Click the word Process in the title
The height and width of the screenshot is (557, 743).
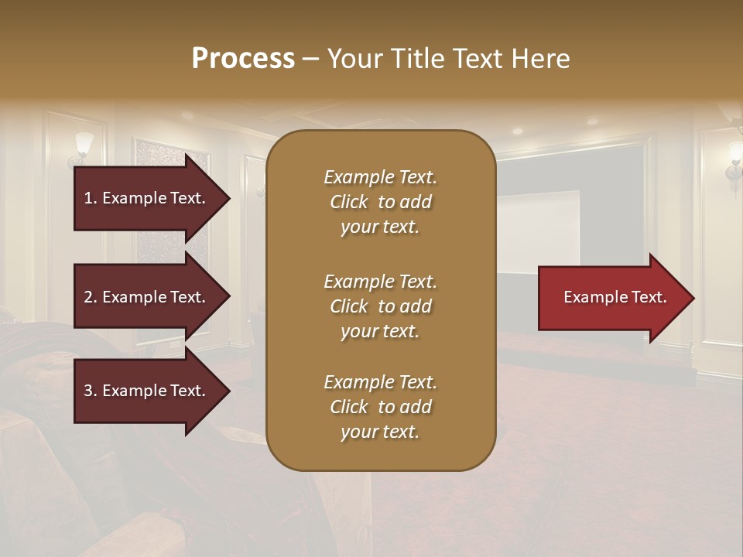coord(243,59)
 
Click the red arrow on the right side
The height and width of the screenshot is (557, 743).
coord(611,297)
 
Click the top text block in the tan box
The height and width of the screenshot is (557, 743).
coord(380,202)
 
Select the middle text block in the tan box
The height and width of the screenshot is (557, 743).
coord(380,306)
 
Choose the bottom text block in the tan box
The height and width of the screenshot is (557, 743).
coord(380,407)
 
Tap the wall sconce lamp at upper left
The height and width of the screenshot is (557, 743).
coord(83,146)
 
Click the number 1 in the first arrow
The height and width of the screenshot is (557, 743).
coord(88,198)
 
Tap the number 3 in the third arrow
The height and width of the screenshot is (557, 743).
coord(88,391)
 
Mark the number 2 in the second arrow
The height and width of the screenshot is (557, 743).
coord(88,297)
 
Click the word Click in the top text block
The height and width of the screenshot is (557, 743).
coord(349,202)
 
